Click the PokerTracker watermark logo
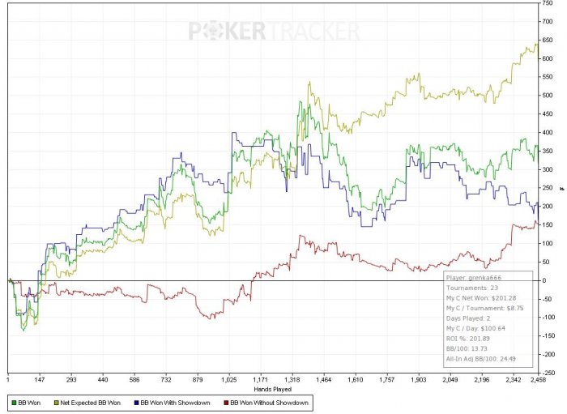(274, 32)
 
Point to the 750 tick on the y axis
(548, 3)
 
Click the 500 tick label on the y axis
(548, 96)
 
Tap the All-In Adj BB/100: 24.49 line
(484, 361)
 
